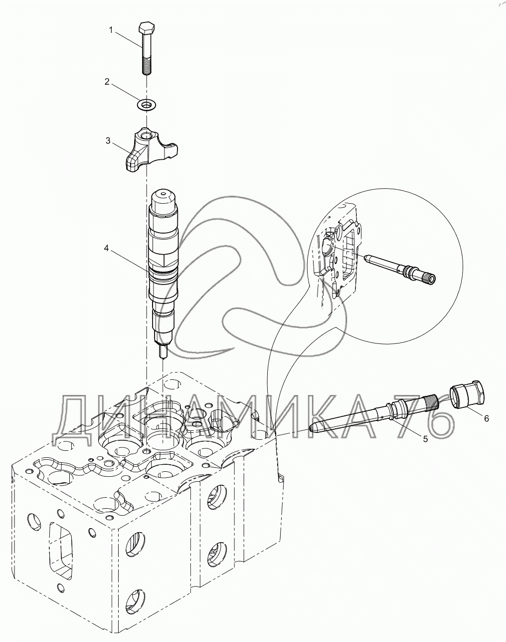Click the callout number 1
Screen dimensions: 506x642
[x=112, y=30]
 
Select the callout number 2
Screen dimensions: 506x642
[x=107, y=82]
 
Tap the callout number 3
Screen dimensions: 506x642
[x=108, y=141]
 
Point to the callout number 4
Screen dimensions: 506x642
[x=106, y=247]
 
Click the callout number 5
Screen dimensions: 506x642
[x=425, y=439]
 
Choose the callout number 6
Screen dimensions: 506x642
[x=486, y=418]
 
